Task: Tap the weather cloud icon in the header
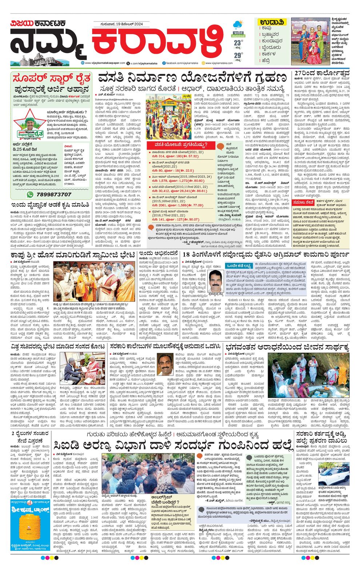click(x=238, y=24)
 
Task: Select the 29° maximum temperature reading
click(x=238, y=55)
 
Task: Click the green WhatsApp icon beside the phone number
click(x=31, y=195)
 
